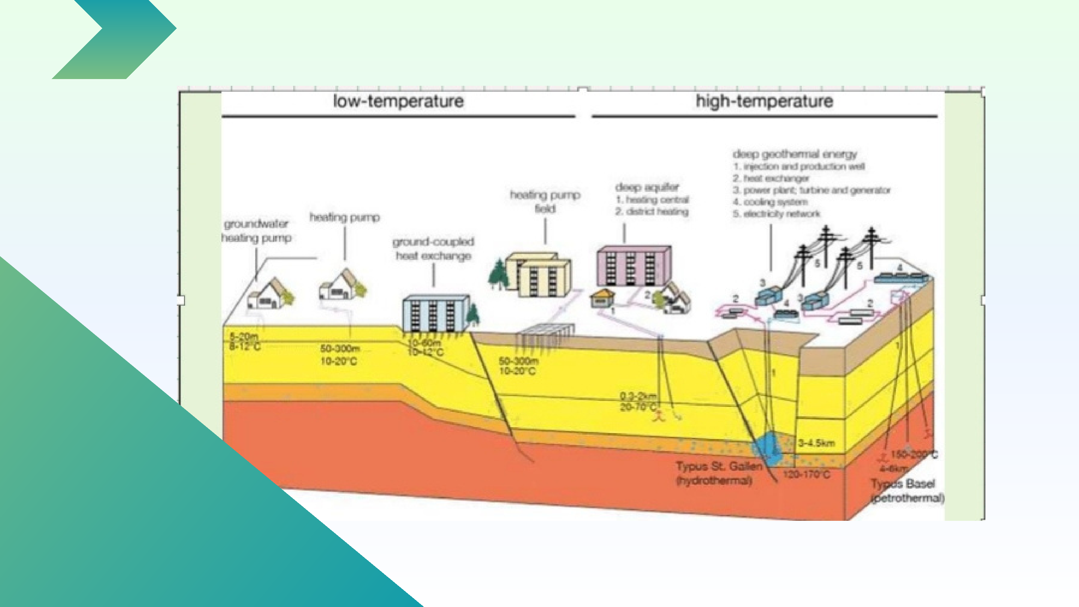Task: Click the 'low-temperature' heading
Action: coord(398,102)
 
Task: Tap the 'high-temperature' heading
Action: coord(764,102)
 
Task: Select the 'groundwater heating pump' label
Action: coord(256,231)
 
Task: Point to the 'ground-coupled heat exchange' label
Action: coord(433,249)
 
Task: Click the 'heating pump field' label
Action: coord(545,202)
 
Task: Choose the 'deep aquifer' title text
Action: coord(647,187)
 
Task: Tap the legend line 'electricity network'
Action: coord(777,214)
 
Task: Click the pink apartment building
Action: coord(633,266)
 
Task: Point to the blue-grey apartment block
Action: coord(435,313)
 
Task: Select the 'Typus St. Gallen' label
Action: coord(719,466)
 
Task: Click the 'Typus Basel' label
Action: coord(903,484)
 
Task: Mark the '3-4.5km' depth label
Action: coord(816,443)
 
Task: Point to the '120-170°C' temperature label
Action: coord(806,475)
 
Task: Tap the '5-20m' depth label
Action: coord(244,336)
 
